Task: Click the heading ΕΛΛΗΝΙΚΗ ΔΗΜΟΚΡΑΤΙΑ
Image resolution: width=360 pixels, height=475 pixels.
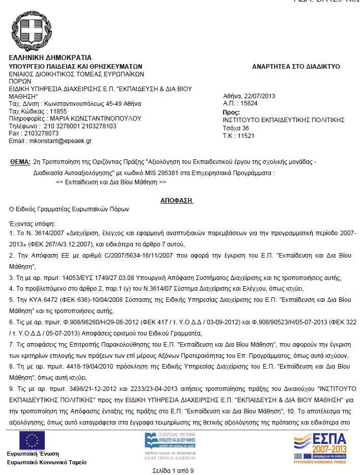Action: coord(50,58)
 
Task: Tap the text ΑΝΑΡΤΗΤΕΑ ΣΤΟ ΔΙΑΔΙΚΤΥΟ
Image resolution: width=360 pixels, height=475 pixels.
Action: coord(296,67)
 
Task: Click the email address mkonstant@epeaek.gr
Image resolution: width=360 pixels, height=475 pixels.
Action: coord(61,140)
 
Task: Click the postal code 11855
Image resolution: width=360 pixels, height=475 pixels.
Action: coord(56,111)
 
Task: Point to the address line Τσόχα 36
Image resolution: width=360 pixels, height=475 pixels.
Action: coord(236,128)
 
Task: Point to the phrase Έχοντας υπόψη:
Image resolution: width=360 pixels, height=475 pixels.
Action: coord(32,223)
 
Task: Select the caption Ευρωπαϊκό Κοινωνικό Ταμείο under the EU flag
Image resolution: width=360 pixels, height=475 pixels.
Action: coord(46,462)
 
